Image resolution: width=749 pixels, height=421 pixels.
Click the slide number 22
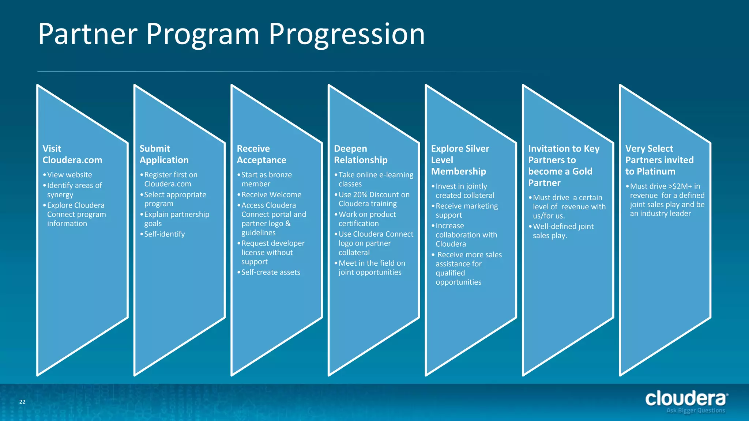[x=22, y=402]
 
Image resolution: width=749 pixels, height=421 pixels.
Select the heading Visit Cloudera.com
[x=72, y=154]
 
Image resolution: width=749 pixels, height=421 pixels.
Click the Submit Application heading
[x=164, y=154]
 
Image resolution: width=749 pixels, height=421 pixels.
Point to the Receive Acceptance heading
[x=261, y=154]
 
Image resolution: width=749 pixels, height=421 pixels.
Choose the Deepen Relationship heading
[x=360, y=154]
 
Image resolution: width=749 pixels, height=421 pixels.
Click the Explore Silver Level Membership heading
[x=460, y=160]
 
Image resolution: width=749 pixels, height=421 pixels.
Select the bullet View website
[x=69, y=175]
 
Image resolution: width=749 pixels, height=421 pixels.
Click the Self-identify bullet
[x=164, y=234]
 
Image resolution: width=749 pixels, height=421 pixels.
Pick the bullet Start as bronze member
[x=266, y=179]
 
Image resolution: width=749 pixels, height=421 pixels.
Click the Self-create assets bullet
[x=271, y=272]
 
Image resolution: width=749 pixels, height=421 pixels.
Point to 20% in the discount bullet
[x=360, y=195]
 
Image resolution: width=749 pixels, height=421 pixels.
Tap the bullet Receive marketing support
[x=466, y=210]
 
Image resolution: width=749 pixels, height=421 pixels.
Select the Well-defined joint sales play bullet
[x=563, y=231]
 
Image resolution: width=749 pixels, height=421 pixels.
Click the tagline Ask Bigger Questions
[x=695, y=410]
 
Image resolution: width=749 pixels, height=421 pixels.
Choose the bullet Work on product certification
[x=367, y=219]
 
